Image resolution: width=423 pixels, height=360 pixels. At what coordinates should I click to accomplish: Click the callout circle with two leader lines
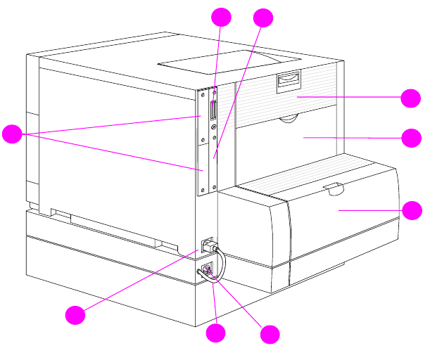pyautogui.click(x=12, y=134)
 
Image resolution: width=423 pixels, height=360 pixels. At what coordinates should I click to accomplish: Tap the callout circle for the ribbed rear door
pyautogui.click(x=411, y=98)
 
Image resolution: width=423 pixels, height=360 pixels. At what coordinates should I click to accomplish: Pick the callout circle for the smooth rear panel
pyautogui.click(x=411, y=137)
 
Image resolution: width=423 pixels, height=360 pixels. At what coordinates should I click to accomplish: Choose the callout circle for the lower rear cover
pyautogui.click(x=412, y=210)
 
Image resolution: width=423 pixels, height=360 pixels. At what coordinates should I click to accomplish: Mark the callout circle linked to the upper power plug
pyautogui.click(x=75, y=314)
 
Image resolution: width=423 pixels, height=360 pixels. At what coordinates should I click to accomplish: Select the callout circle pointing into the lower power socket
pyautogui.click(x=270, y=334)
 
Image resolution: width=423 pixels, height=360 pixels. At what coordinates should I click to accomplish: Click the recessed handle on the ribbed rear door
pyautogui.click(x=288, y=82)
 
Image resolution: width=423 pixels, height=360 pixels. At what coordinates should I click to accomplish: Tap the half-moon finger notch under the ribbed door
pyautogui.click(x=286, y=121)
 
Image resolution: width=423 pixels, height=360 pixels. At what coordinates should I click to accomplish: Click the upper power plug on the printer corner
pyautogui.click(x=207, y=246)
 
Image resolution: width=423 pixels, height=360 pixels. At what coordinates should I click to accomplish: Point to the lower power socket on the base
pyautogui.click(x=207, y=271)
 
